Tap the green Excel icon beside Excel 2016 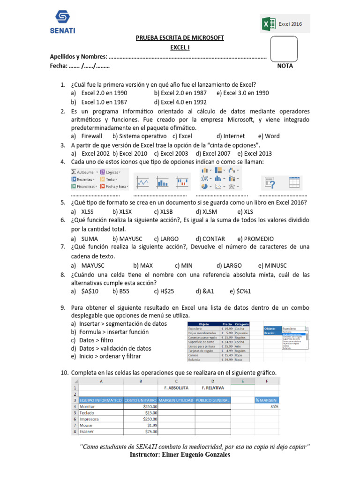268,24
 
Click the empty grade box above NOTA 284,48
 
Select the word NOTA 285,66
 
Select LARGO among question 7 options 232,265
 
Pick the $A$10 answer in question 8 90,291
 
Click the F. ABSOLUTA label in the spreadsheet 176,388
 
